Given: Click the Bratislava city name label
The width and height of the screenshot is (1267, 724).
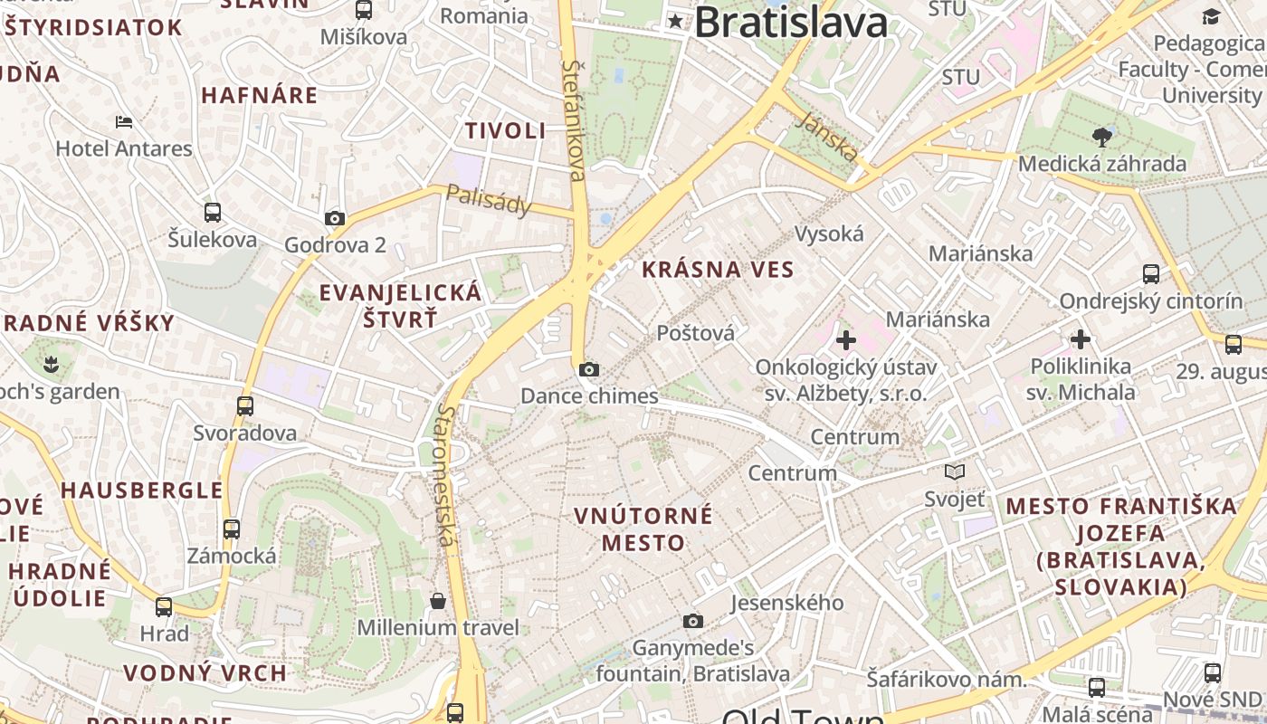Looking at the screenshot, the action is point(790,23).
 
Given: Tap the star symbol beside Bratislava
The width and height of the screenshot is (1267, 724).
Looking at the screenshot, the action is point(676,21).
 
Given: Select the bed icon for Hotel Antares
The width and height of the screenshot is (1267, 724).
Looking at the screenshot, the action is point(124,122).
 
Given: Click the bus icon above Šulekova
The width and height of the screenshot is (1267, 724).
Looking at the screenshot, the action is point(213,213).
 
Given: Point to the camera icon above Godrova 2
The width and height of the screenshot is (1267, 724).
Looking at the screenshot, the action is point(335,218).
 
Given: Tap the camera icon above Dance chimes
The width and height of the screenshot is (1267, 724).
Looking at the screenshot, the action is point(589,369).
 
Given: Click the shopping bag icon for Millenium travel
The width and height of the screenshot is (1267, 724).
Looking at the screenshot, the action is point(438,601).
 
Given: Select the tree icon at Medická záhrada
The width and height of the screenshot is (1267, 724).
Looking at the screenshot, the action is point(1102,138).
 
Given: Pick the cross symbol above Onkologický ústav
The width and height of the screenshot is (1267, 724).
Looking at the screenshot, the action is point(846,340).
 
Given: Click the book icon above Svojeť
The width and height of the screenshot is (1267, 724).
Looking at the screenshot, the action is point(954,472).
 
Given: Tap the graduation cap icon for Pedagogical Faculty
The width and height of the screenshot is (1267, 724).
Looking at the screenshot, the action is point(1211,16).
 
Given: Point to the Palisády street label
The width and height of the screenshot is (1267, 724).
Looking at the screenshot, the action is point(490,200).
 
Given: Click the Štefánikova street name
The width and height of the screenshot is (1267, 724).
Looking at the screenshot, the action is point(575,119).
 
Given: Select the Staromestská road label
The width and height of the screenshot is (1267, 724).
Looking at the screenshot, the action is point(445,475).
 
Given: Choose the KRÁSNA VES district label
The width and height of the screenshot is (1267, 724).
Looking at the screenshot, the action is point(718,269).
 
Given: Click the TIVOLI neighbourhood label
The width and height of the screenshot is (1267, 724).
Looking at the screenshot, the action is point(506,130).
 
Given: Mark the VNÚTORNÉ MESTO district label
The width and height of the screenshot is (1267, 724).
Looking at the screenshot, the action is point(643,529).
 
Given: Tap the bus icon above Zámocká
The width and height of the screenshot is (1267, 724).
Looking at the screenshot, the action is point(232,529).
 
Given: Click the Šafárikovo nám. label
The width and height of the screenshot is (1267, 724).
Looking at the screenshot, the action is point(946,679).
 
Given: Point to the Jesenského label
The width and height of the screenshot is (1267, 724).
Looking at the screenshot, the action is point(786,603).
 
